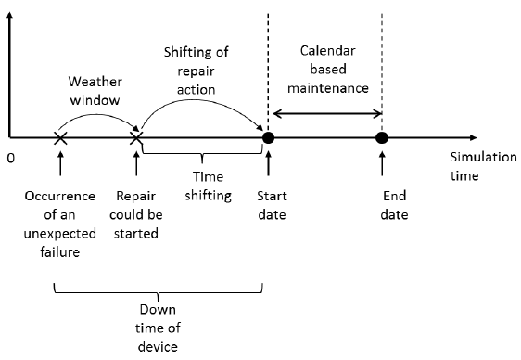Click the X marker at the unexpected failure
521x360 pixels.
coord(59,138)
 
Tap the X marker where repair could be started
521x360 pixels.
coord(137,138)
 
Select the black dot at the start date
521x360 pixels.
coord(268,138)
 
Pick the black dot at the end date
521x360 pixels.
coord(381,138)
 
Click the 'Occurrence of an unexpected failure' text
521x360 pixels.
coord(58,224)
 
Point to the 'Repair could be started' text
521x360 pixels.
coord(136,215)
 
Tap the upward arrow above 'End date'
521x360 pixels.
coord(381,165)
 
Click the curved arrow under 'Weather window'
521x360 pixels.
coord(97,116)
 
